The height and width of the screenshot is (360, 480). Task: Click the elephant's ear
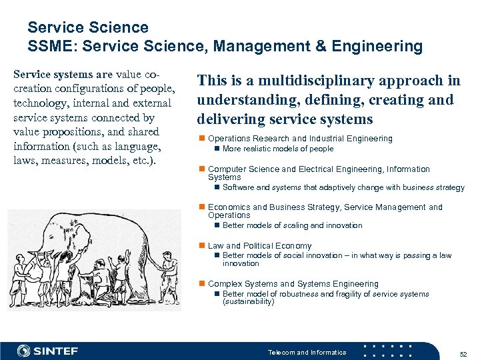(90, 233)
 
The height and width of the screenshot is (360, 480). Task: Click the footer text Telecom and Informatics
(307, 352)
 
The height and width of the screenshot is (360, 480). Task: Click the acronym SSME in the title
(49, 46)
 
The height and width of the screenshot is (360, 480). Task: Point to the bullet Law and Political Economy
(259, 246)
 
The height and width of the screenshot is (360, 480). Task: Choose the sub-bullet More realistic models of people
(277, 149)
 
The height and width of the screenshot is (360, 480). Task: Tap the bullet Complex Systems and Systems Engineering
(293, 283)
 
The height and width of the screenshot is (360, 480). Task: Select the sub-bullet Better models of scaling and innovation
(292, 225)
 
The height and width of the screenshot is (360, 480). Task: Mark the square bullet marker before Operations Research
(202, 139)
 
